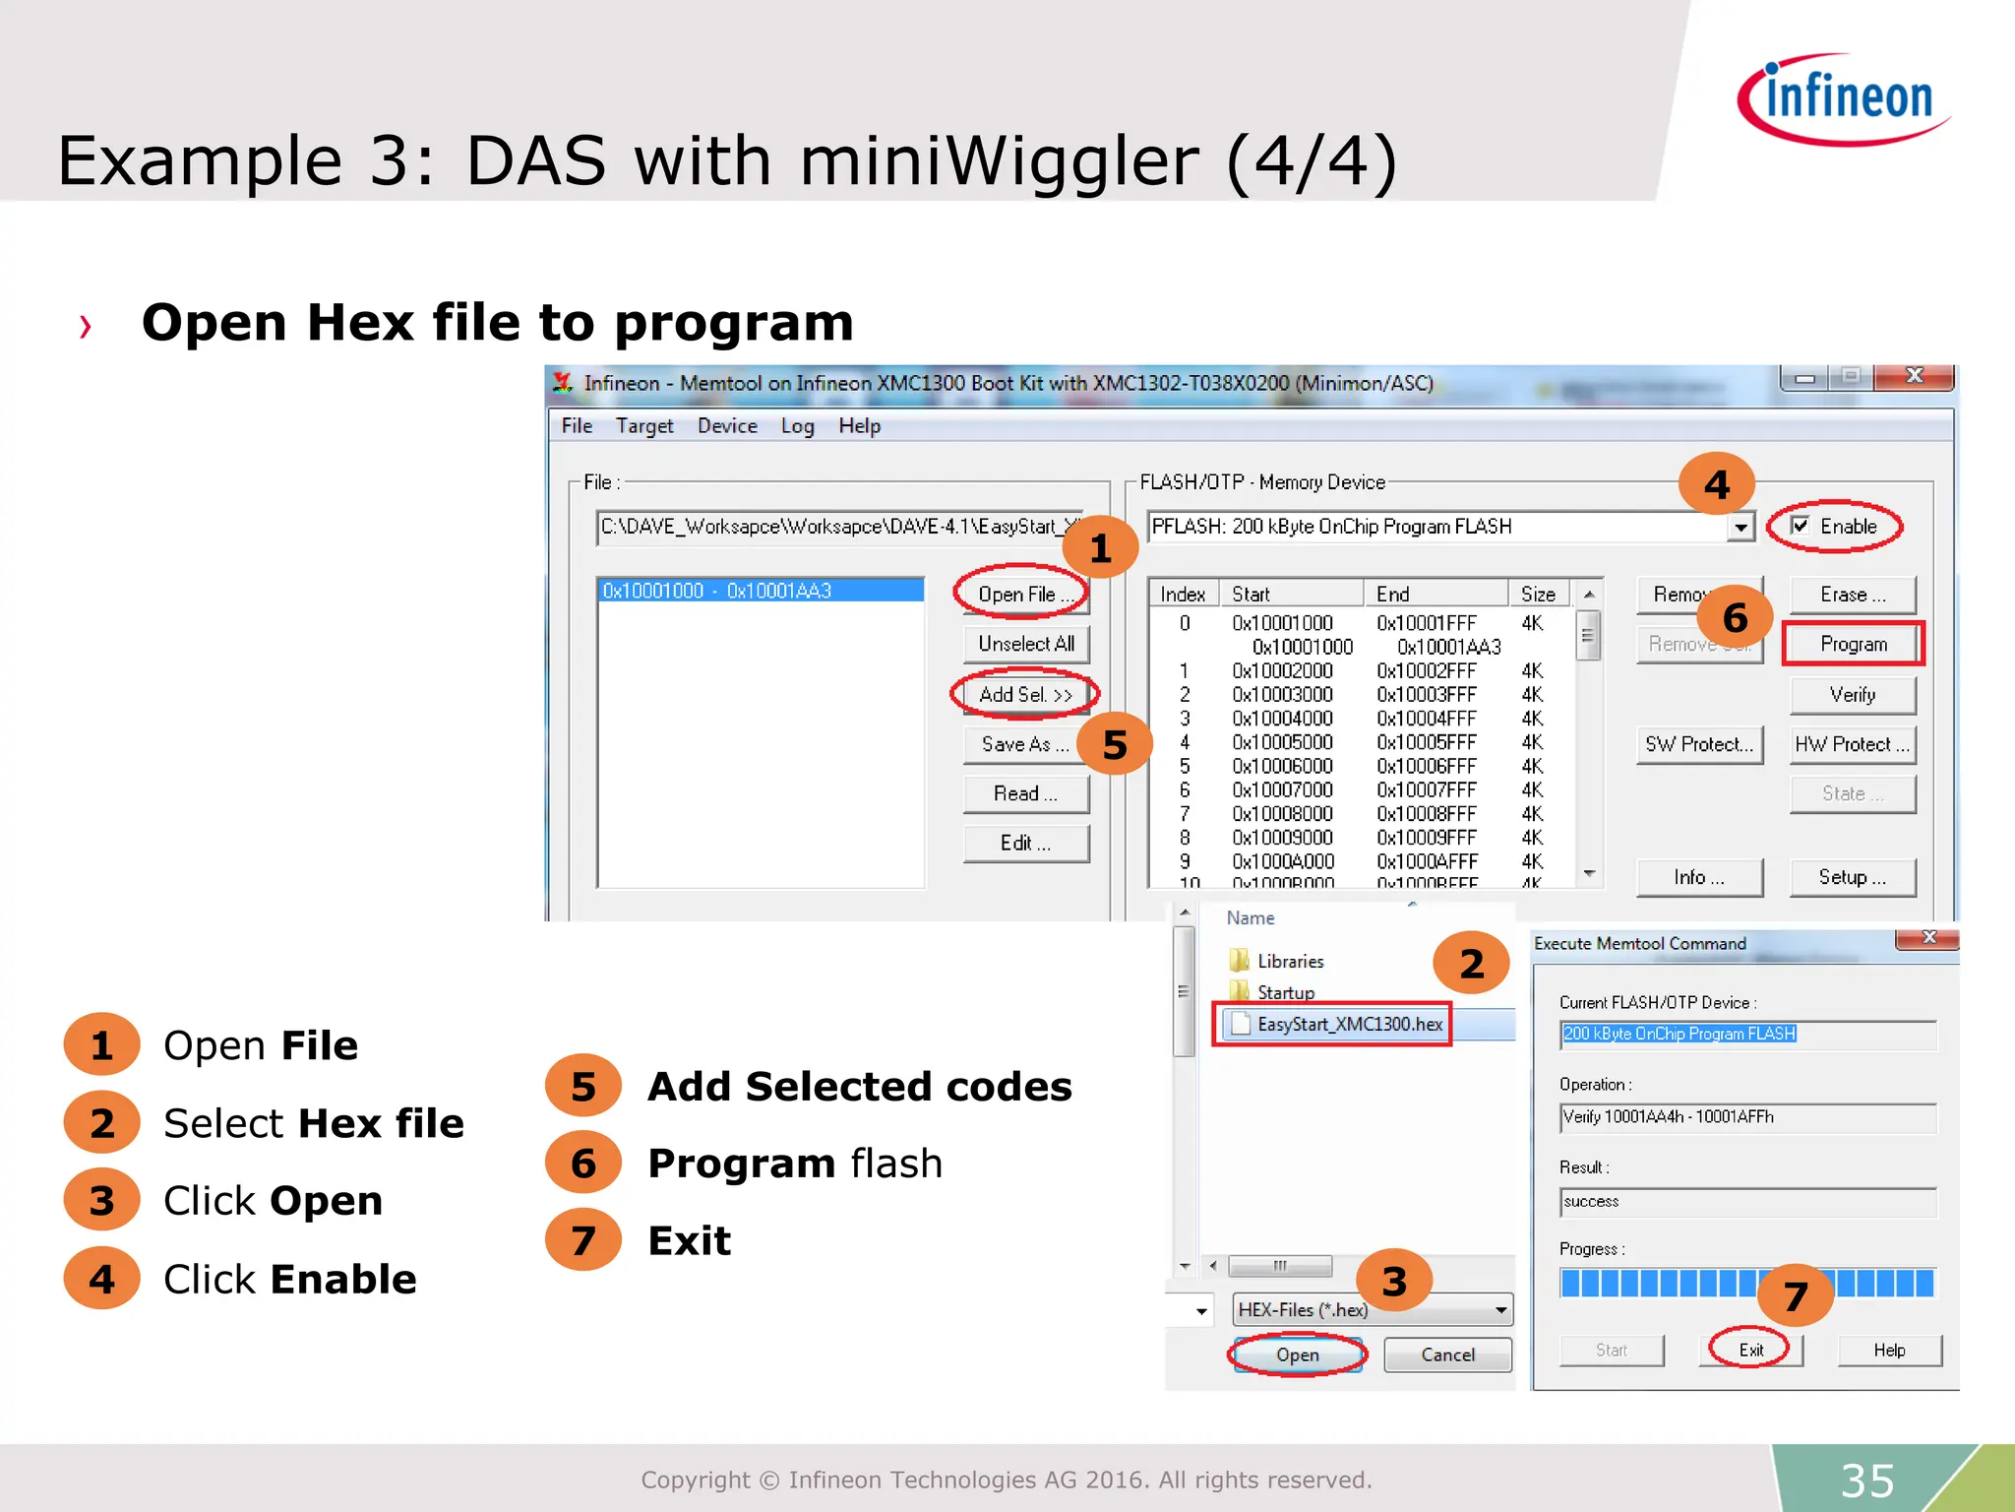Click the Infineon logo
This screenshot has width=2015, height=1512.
[x=1844, y=99]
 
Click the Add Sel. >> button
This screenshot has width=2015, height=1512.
[x=1025, y=695]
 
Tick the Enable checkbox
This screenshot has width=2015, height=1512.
[x=1801, y=526]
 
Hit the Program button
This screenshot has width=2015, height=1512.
[x=1853, y=645]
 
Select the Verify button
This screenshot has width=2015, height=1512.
[x=1853, y=695]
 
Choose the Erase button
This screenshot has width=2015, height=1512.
[x=1853, y=595]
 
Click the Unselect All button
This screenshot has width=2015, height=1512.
[x=1025, y=644]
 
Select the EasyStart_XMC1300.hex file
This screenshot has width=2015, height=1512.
[x=1349, y=1025]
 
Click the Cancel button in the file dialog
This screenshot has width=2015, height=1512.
[x=1447, y=1354]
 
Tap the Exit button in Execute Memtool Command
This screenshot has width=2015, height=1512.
[x=1750, y=1350]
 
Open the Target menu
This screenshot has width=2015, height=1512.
[x=644, y=426]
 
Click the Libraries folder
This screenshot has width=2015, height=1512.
[x=1289, y=961]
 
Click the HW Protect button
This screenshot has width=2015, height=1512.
[x=1852, y=744]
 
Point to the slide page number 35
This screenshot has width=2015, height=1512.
[x=1866, y=1480]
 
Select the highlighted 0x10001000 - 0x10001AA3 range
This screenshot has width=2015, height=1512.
[x=761, y=591]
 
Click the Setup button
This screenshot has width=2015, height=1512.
[x=1852, y=877]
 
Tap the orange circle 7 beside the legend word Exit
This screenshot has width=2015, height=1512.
[x=582, y=1240]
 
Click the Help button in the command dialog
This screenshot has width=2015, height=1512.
[x=1889, y=1350]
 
